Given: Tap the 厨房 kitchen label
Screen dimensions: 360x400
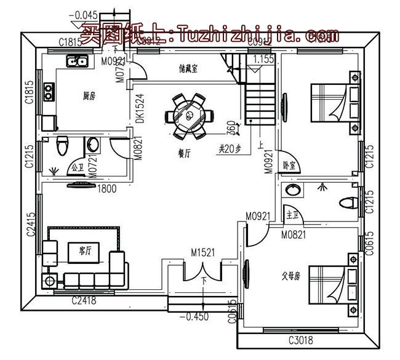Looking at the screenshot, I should point(89,96).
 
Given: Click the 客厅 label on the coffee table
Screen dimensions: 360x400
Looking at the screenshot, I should point(85,251).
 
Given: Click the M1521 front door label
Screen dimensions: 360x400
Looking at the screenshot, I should point(202,253).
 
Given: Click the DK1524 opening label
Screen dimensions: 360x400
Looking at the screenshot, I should point(140,109).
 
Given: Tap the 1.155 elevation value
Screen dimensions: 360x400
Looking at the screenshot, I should point(263,60).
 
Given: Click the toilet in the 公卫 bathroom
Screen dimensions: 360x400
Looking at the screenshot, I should point(61,146).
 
